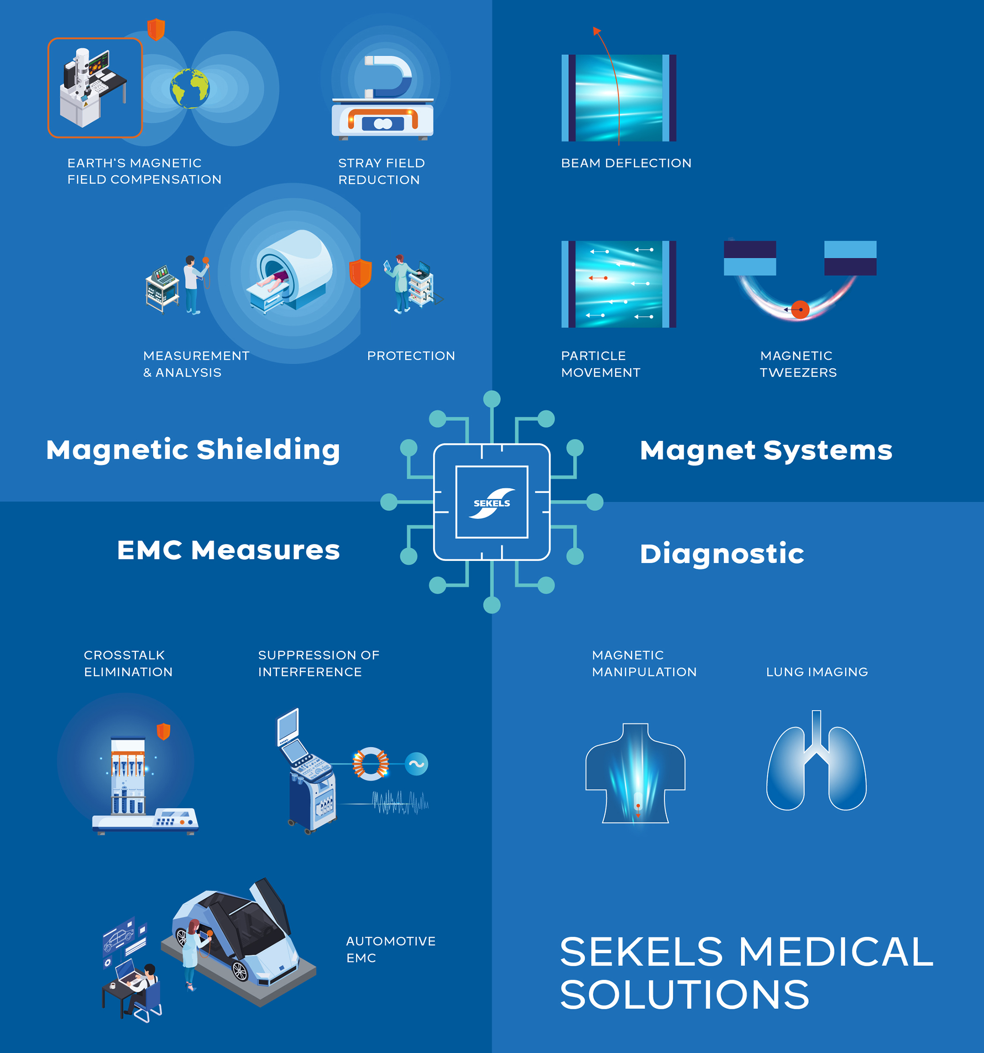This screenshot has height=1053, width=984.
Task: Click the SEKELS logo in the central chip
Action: (492, 503)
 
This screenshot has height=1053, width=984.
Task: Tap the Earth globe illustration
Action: (190, 89)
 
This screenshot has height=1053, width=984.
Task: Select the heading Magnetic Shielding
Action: (193, 450)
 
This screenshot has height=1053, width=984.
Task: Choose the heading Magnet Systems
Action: (766, 450)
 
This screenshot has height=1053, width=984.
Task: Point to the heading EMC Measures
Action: (228, 550)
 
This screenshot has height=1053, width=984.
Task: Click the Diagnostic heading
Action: (722, 554)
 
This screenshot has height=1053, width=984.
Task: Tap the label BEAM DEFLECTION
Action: (626, 163)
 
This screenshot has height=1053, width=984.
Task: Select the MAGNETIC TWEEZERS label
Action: (798, 364)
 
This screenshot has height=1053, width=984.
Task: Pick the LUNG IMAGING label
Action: (817, 672)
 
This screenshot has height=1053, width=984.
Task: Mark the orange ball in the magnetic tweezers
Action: (800, 309)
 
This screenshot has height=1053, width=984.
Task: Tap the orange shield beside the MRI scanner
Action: (361, 273)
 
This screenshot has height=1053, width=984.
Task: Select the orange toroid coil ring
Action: (371, 764)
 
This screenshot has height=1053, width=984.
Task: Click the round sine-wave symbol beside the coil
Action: (416, 764)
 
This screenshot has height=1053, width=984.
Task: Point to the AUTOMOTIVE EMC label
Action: (391, 949)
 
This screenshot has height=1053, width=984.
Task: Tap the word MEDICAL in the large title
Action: (835, 952)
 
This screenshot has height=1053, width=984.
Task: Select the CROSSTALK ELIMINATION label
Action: (128, 663)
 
